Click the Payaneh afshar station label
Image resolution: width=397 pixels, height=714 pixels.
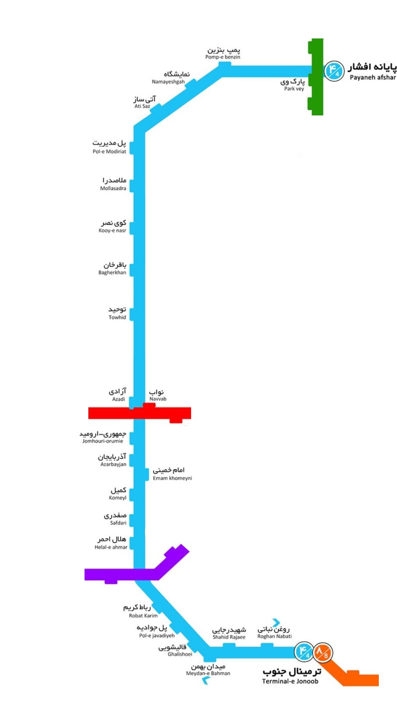coord(372,72)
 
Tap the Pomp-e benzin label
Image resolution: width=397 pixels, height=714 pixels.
coord(223,54)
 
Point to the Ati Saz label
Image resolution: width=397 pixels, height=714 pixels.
coord(144,102)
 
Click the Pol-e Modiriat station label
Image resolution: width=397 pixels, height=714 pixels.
coord(110,147)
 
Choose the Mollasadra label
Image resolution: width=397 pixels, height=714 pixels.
coord(113,184)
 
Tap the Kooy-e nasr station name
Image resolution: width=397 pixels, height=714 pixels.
coord(113,226)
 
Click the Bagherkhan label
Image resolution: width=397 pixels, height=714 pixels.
coord(112,268)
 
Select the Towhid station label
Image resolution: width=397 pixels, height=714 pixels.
coord(117,313)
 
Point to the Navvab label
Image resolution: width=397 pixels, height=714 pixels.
coord(157,395)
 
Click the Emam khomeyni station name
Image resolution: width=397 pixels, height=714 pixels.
coord(171,474)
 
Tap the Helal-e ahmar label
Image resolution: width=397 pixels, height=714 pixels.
coord(111,543)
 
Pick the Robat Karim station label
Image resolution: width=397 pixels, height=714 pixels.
coord(141,611)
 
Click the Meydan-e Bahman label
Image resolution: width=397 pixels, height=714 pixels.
coord(208,670)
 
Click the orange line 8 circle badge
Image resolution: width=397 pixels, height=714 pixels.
coord(323,651)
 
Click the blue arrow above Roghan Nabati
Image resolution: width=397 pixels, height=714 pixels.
coord(276,623)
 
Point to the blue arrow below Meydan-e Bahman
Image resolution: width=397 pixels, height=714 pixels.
coord(206,680)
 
